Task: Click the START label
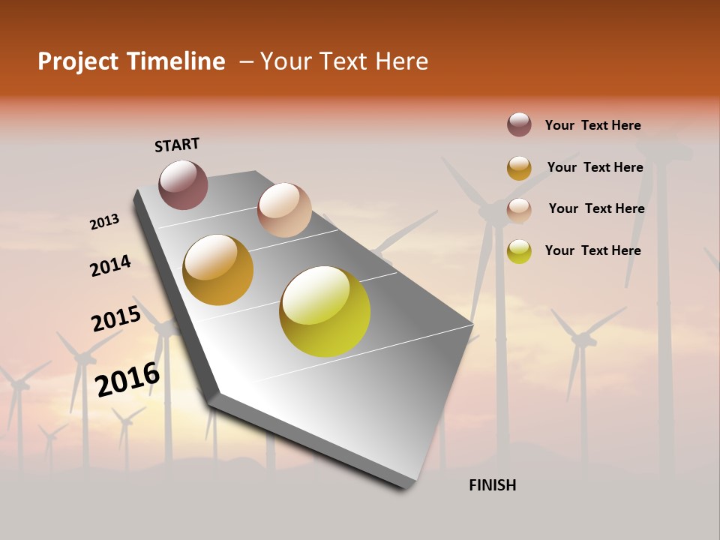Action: point(177,145)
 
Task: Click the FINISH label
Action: point(492,485)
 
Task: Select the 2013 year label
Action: point(104,222)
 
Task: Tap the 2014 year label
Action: point(110,266)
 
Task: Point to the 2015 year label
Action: point(116,319)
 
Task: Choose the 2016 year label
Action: point(127,379)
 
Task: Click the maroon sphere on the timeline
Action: point(183,184)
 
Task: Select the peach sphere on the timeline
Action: point(284,210)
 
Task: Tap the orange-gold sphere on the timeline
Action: point(218,270)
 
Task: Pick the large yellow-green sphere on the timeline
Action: point(325,311)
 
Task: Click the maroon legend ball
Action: point(519,124)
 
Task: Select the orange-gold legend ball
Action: point(519,168)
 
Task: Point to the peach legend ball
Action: point(519,210)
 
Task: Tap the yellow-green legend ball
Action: point(519,251)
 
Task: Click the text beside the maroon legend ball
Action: point(592,125)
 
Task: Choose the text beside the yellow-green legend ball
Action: point(592,250)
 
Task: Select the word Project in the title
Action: point(77,61)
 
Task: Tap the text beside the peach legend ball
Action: point(596,208)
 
